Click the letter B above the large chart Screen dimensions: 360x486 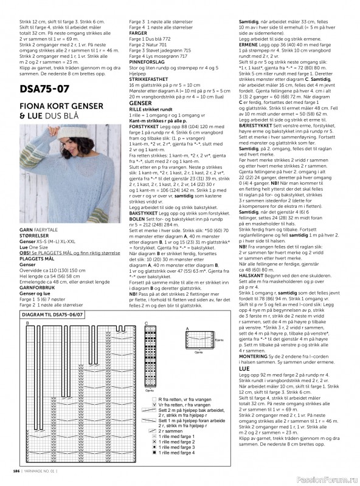[x=27, y=323]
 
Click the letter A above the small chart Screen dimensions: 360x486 [x=187, y=327]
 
